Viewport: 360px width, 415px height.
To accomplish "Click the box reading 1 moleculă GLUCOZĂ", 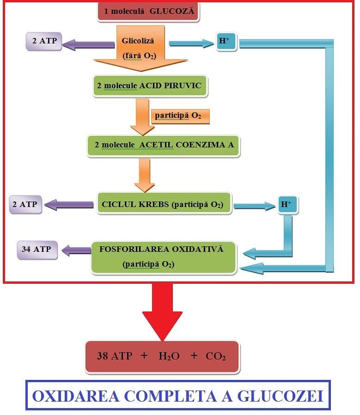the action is pos(148,12).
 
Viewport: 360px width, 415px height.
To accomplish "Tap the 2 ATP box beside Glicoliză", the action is pos(44,41).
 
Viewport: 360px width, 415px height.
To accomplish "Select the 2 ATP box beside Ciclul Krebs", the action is pos(25,205).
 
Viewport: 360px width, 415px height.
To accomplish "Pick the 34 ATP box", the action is pos(37,250).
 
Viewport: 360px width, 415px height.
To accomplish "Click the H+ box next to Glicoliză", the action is pos(226,42).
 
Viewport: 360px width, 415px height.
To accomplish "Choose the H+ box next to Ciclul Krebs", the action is pos(288,205).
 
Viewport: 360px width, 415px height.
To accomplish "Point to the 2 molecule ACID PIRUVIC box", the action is pos(150,86).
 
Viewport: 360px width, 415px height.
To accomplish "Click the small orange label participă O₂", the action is pos(180,116).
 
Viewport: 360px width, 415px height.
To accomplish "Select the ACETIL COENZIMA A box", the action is pos(163,146).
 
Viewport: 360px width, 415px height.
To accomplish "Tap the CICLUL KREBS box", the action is pos(164,203).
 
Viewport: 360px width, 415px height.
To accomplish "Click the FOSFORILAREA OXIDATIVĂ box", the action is pos(163,257).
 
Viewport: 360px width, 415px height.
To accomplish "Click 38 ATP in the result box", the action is pos(115,356).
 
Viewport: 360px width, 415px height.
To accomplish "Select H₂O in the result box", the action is pos(169,356).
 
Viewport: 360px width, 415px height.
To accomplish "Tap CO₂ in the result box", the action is pos(215,356).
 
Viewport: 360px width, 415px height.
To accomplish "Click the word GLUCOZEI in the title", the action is pos(281,396).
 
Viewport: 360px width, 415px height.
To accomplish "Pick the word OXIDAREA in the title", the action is pos(75,396).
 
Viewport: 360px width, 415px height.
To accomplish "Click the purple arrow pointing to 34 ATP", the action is pos(77,250).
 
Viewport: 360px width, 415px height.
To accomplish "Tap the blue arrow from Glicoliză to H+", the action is pos(191,43).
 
